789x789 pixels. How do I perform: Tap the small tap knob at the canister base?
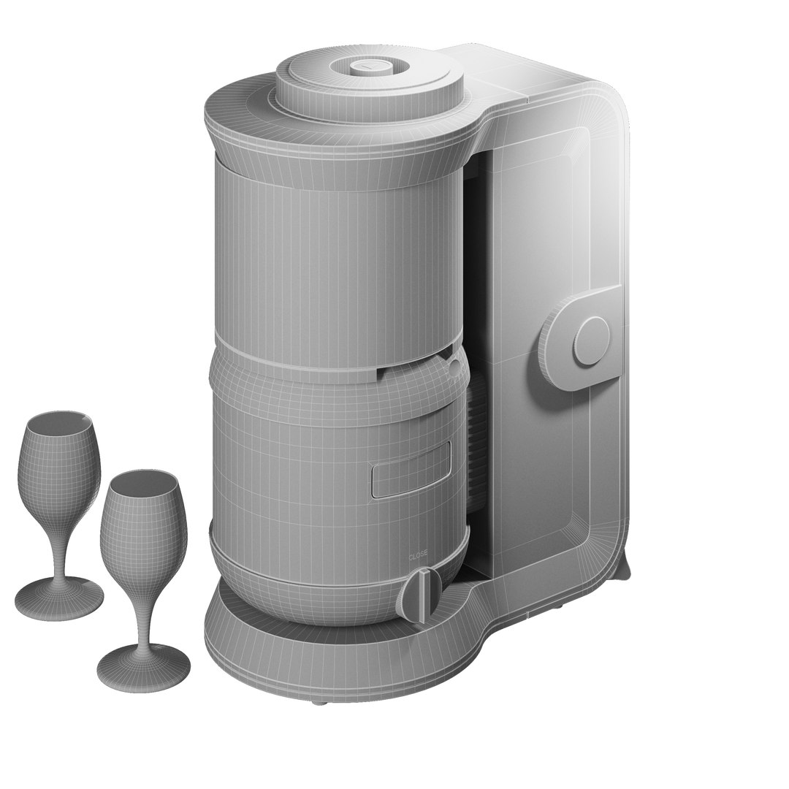click(x=422, y=592)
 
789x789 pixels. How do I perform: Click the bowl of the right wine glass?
click(x=143, y=519)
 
